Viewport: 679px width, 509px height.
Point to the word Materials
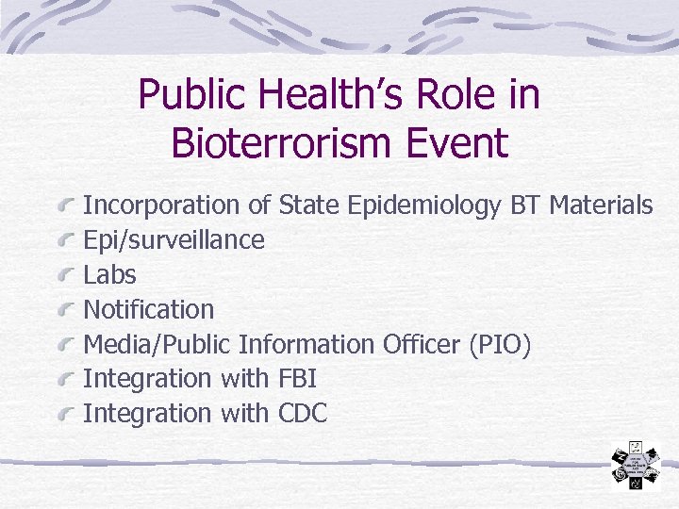[x=601, y=205]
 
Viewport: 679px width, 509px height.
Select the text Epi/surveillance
[x=174, y=240]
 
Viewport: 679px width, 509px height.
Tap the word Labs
[x=109, y=274]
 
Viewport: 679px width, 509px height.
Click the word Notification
[x=148, y=309]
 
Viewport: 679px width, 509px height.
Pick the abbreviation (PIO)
[x=499, y=344]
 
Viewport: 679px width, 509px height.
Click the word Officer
[x=422, y=344]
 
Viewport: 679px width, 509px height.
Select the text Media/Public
[x=157, y=344]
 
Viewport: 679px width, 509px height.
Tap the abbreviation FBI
[x=297, y=379]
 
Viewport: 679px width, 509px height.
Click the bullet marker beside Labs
[x=65, y=273]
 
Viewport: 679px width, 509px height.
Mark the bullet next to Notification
[x=65, y=308]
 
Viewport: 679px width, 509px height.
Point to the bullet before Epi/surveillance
[x=65, y=238]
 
